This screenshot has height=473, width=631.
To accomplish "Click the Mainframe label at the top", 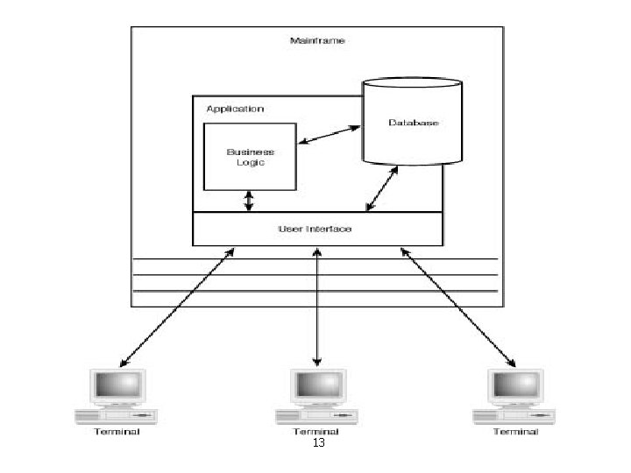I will click(316, 40).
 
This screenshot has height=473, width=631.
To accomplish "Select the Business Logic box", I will click(250, 156).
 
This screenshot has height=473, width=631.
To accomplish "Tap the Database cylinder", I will click(412, 123).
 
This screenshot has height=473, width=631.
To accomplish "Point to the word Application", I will click(234, 109).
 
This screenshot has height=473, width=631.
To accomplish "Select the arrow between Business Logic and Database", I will click(330, 135).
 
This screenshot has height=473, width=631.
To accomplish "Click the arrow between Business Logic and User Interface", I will click(249, 201).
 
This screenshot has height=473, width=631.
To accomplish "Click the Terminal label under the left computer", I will click(117, 431).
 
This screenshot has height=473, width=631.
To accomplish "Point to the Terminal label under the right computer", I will click(515, 431).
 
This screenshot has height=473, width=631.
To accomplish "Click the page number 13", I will click(318, 444).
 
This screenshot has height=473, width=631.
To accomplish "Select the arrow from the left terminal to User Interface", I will click(177, 307).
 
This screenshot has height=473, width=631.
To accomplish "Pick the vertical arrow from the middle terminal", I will click(316, 307).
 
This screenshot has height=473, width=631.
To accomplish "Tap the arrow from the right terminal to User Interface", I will click(457, 307).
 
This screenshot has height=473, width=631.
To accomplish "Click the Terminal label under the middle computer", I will click(316, 431).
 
